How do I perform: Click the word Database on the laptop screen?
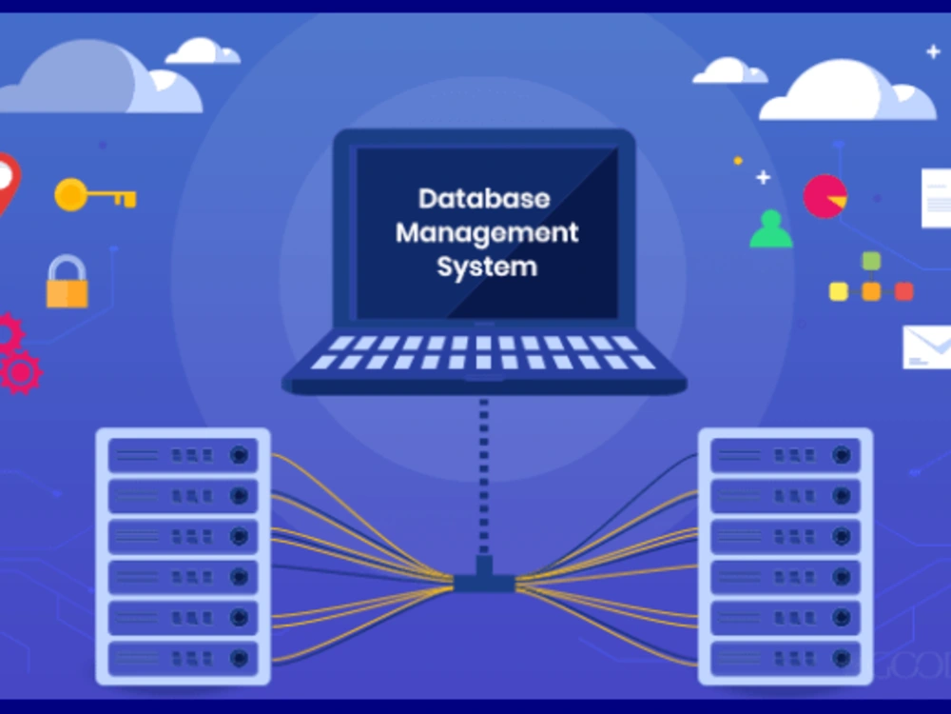tap(484, 199)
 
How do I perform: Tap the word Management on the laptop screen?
tap(487, 233)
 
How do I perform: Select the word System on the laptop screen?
tap(487, 267)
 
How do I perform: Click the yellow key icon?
tap(95, 195)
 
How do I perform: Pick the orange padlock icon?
tap(68, 282)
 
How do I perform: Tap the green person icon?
tap(771, 228)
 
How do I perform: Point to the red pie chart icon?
tap(825, 197)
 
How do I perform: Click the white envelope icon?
tap(926, 347)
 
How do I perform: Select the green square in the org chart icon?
tap(871, 261)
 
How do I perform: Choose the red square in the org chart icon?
tap(903, 291)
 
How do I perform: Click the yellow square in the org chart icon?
tap(838, 291)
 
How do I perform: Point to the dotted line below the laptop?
tap(484, 476)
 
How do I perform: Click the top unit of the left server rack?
tap(183, 455)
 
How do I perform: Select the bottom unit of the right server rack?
tap(786, 658)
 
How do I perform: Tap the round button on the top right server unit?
tap(842, 455)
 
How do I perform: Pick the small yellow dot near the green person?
tap(738, 161)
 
